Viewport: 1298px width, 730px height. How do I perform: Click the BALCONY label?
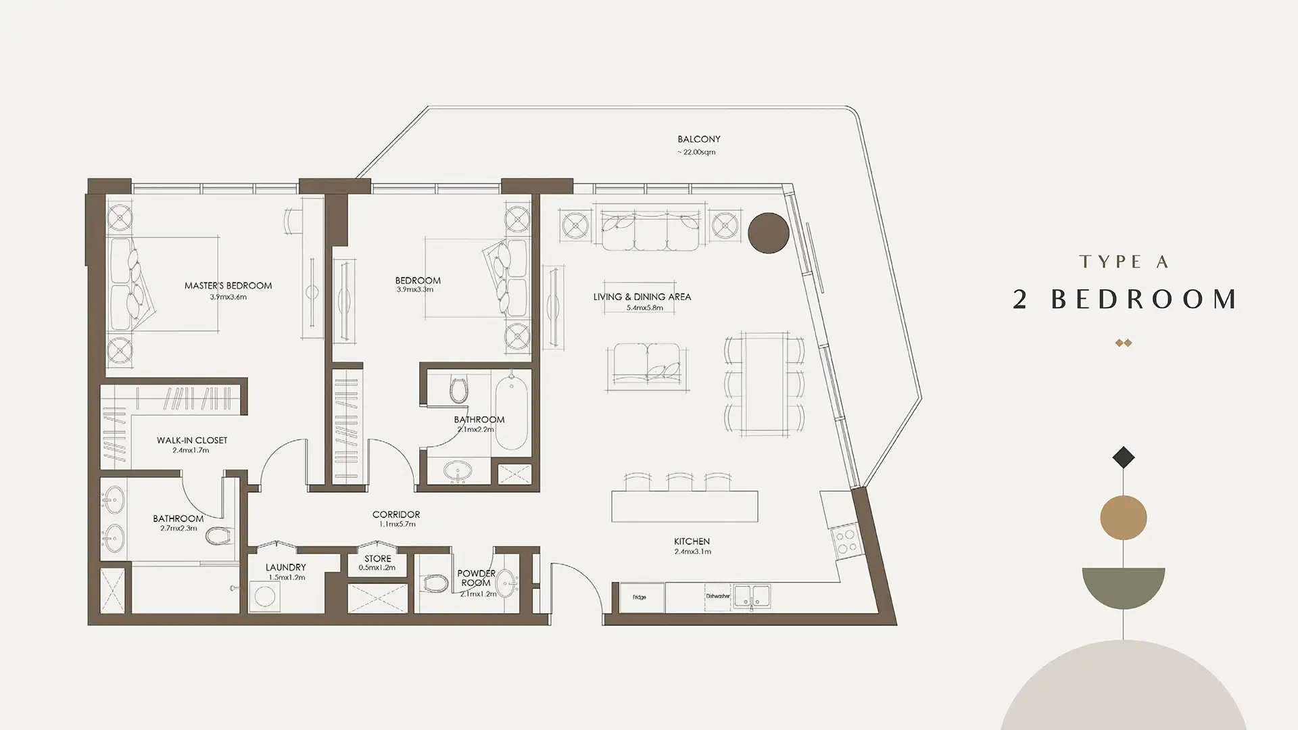(x=699, y=139)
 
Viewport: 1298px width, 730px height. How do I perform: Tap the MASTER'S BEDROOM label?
(x=228, y=286)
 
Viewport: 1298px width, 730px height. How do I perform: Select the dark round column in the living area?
(x=769, y=233)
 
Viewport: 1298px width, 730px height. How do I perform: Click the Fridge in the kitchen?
(x=640, y=597)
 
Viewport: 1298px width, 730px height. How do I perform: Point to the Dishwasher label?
(x=718, y=596)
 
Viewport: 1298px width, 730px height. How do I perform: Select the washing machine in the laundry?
(x=265, y=598)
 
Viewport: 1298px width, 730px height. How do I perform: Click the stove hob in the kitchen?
(x=845, y=541)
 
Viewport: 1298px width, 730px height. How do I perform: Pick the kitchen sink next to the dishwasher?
(x=751, y=597)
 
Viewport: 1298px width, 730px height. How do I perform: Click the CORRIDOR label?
(x=396, y=515)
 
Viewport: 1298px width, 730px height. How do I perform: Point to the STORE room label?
(x=377, y=559)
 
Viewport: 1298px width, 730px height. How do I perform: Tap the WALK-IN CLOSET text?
(x=192, y=441)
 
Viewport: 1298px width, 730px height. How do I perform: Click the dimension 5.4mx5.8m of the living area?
(x=644, y=308)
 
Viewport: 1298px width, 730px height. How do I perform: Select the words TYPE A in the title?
(x=1124, y=262)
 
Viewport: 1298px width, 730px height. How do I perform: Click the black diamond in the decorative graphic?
(x=1124, y=458)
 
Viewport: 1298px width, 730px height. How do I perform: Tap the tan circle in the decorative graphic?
(x=1124, y=518)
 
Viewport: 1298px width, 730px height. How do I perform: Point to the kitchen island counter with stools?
(x=684, y=506)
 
